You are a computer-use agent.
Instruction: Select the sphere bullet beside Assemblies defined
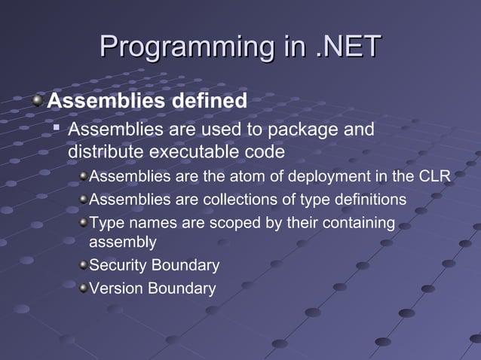38,99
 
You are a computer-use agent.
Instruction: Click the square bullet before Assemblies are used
57,129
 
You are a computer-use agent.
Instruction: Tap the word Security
118,265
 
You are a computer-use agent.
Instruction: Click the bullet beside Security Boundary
83,265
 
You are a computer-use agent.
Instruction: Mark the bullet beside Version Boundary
83,288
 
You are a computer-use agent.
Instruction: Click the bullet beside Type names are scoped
83,222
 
